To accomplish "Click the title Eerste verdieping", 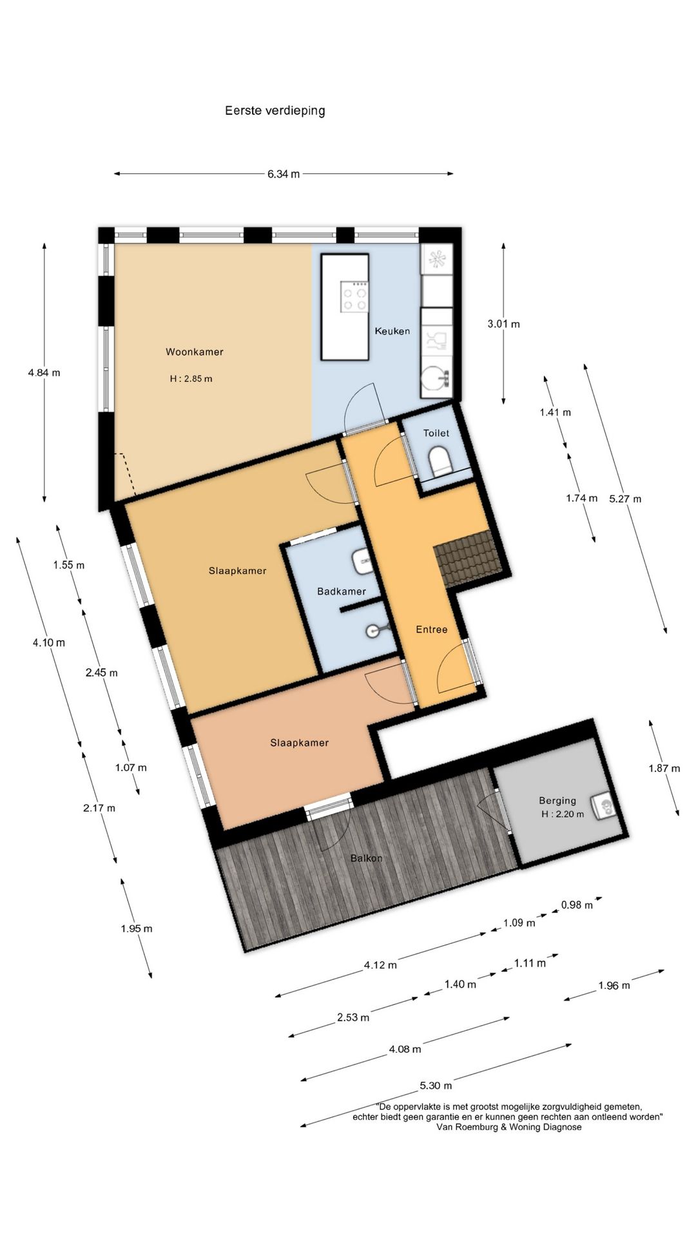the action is [275, 111].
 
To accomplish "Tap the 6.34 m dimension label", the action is [284, 174].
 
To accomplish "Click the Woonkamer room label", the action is [195, 352].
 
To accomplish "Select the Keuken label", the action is [392, 331].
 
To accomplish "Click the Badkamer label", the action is [342, 591].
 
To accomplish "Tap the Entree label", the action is [431, 629].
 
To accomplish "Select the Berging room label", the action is [557, 801].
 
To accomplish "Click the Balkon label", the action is [367, 858].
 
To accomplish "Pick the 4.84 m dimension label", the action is [44, 372].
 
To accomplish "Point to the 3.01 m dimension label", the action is [504, 324].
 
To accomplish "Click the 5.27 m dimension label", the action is [625, 499].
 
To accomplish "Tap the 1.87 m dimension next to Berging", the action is [664, 768].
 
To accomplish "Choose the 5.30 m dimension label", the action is [436, 1086].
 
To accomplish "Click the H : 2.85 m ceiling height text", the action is [191, 379].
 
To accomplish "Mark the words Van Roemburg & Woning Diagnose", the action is [509, 1127].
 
